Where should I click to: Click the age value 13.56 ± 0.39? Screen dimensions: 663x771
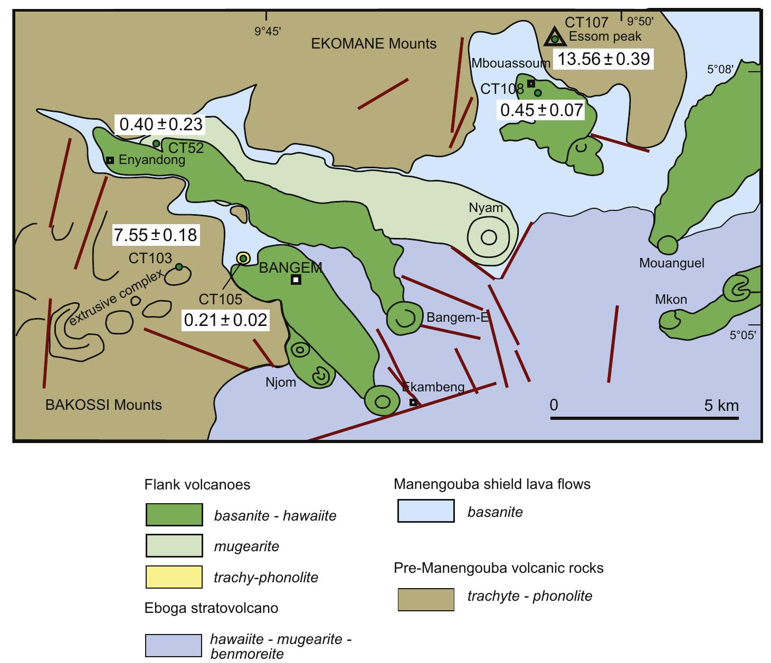tap(604, 59)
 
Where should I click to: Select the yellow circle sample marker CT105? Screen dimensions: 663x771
tap(243, 258)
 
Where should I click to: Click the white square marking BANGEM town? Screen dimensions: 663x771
tap(296, 280)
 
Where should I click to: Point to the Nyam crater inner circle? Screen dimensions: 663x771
tap(489, 237)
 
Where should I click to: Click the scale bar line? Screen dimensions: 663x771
tap(644, 419)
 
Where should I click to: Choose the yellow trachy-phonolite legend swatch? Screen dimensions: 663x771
tap(174, 576)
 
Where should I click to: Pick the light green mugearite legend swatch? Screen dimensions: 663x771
tap(174, 546)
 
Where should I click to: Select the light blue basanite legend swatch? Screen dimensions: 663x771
tap(425, 511)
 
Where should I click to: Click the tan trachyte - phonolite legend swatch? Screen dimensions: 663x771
tap(425, 599)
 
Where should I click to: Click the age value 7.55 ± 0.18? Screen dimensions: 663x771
tap(156, 235)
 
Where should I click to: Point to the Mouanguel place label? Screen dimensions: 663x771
tap(671, 263)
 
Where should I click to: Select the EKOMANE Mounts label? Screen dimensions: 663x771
tap(374, 44)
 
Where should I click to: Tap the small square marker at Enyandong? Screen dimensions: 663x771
tap(110, 160)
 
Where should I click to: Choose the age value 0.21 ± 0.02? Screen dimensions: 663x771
tap(225, 320)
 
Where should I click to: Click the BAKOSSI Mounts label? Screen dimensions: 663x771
tap(103, 405)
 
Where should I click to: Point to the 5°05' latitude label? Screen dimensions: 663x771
tap(743, 335)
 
